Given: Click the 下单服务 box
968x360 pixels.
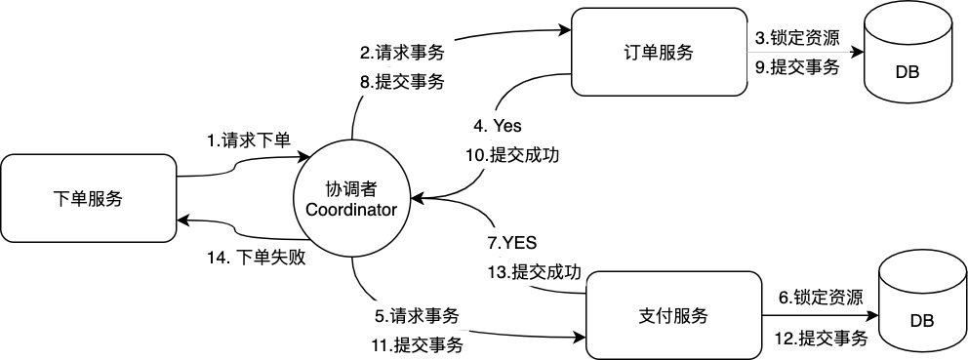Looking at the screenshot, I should pos(88,199).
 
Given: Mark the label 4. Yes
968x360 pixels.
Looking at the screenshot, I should pos(497,126).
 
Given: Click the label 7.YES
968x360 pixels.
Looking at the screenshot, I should pos(512,241).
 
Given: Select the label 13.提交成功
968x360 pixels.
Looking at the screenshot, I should pos(535,271).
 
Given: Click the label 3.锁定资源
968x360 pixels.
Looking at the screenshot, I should pos(797,39).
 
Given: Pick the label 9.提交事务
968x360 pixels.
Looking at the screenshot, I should pos(797,68).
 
